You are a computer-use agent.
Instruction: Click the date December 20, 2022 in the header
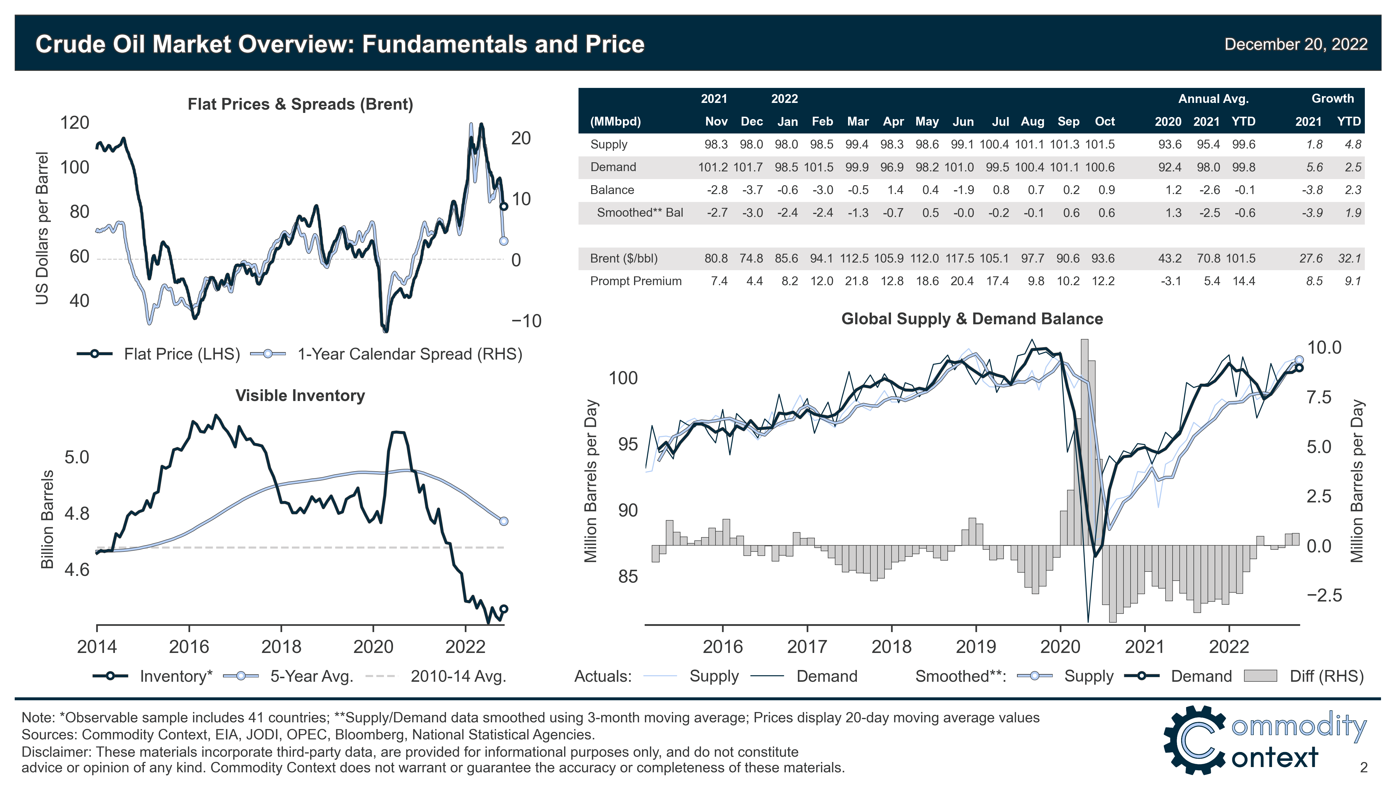coord(1295,44)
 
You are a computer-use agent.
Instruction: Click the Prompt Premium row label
coord(635,281)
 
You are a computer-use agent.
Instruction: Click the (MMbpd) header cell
coord(615,121)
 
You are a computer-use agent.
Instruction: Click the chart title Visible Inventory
coord(300,396)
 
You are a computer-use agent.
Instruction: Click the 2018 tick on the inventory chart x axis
coord(281,647)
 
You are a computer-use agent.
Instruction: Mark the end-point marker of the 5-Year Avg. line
coord(504,521)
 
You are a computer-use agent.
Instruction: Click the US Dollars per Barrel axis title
coord(43,228)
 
